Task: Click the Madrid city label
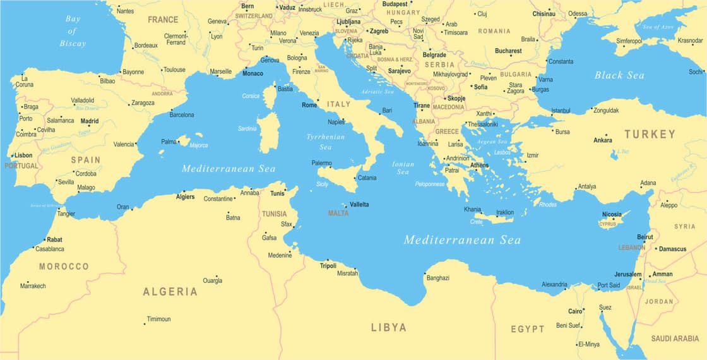pyautogui.click(x=90, y=121)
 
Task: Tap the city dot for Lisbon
pyautogui.click(x=11, y=155)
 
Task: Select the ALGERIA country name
pyautogui.click(x=170, y=292)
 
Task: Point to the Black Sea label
pyautogui.click(x=619, y=75)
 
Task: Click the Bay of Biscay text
pyautogui.click(x=73, y=31)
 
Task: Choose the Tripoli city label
pyautogui.click(x=328, y=265)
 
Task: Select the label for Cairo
pyautogui.click(x=575, y=311)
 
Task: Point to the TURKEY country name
pyautogui.click(x=650, y=134)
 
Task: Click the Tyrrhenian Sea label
pyautogui.click(x=326, y=141)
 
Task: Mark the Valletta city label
pyautogui.click(x=359, y=205)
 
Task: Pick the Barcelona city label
pyautogui.click(x=182, y=115)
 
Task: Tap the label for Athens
pyautogui.click(x=479, y=165)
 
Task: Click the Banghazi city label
pyautogui.click(x=438, y=278)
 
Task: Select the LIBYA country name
pyautogui.click(x=388, y=327)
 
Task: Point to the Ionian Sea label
pyautogui.click(x=403, y=167)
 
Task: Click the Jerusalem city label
pyautogui.click(x=627, y=274)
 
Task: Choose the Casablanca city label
pyautogui.click(x=50, y=249)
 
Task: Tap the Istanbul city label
pyautogui.click(x=561, y=111)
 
